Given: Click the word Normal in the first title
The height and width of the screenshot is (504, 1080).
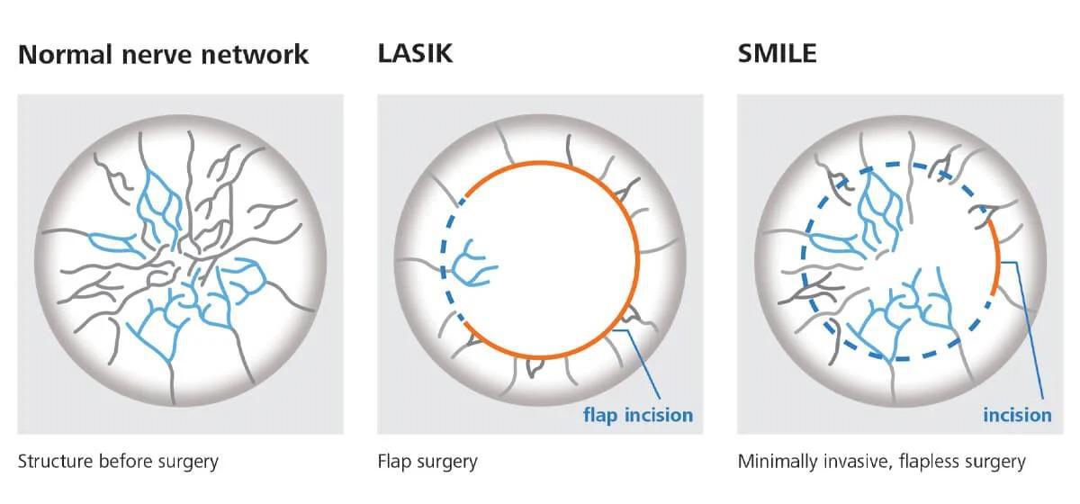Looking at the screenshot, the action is click(65, 54).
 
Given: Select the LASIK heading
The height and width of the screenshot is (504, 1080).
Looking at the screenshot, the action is click(415, 53).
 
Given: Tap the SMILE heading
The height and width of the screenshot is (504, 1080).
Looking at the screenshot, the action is click(778, 53).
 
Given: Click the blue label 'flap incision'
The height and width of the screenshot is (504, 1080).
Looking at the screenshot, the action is click(638, 415).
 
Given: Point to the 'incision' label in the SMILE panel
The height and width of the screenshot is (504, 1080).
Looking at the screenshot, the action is click(1017, 415).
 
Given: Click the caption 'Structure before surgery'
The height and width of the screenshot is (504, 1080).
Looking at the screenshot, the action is click(118, 462).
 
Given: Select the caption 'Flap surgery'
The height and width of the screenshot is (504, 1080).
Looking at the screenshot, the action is click(427, 462).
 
